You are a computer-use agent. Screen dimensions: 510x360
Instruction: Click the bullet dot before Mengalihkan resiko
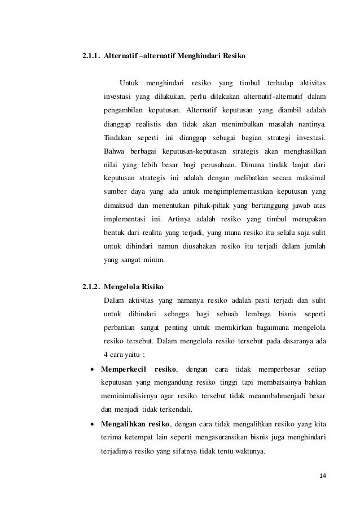[92, 425]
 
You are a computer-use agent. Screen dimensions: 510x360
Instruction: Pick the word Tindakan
[118, 138]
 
